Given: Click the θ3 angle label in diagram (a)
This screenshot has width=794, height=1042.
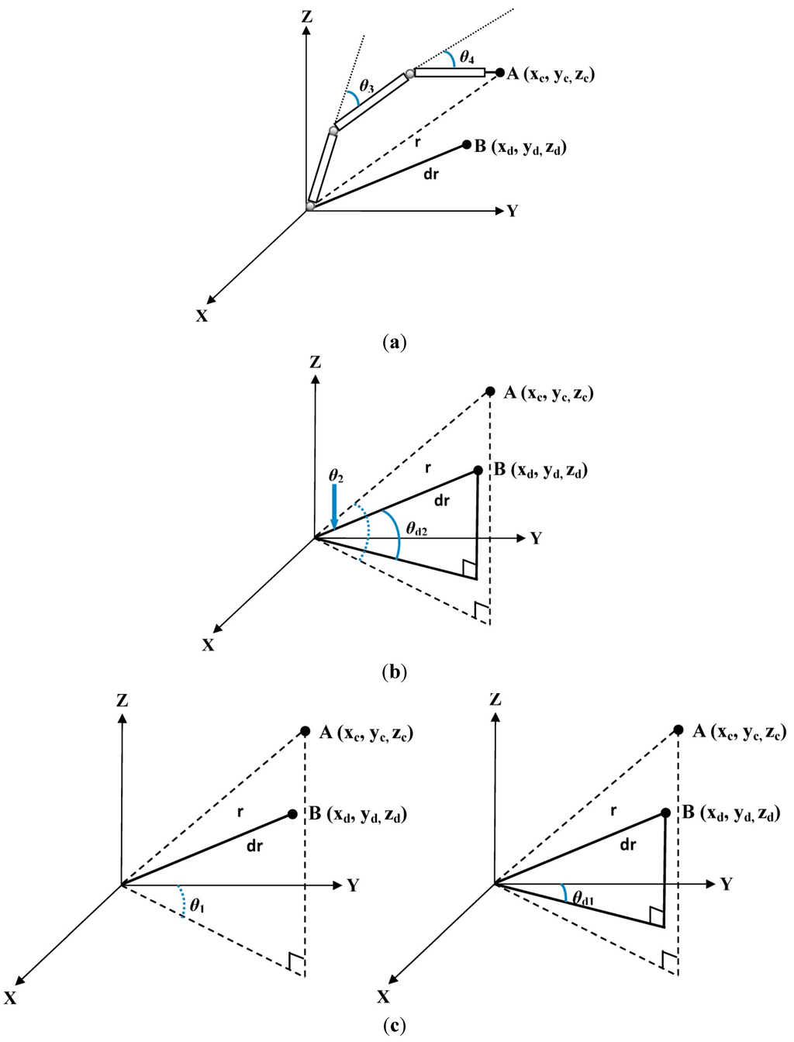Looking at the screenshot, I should coord(367,88).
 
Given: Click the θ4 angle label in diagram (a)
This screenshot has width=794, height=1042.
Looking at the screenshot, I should coord(466,57).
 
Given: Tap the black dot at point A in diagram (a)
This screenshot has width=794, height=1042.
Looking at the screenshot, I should coord(500,73).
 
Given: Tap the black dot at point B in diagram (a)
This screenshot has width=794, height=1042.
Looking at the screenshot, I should coord(467,144).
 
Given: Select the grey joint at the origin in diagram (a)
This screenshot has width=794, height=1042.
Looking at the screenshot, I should coord(311,205).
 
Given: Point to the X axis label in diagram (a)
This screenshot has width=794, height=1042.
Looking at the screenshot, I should coord(202,316).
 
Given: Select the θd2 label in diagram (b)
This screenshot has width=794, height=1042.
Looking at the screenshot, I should coord(416,531).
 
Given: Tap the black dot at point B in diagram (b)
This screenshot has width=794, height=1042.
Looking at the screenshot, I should coord(478,470).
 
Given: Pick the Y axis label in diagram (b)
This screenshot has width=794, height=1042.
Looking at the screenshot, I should coord(536,538).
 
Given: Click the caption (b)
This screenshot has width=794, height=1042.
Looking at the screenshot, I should coord(395,671).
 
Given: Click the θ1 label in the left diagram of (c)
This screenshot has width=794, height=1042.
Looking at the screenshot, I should coord(198,903).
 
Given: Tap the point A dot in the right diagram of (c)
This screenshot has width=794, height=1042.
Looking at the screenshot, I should coord(678,730).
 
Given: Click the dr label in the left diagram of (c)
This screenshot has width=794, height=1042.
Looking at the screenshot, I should coord(254,846).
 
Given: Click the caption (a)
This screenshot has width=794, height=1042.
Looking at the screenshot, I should coord(395,342).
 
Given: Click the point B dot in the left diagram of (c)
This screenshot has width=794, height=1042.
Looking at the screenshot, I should coord(292,813).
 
